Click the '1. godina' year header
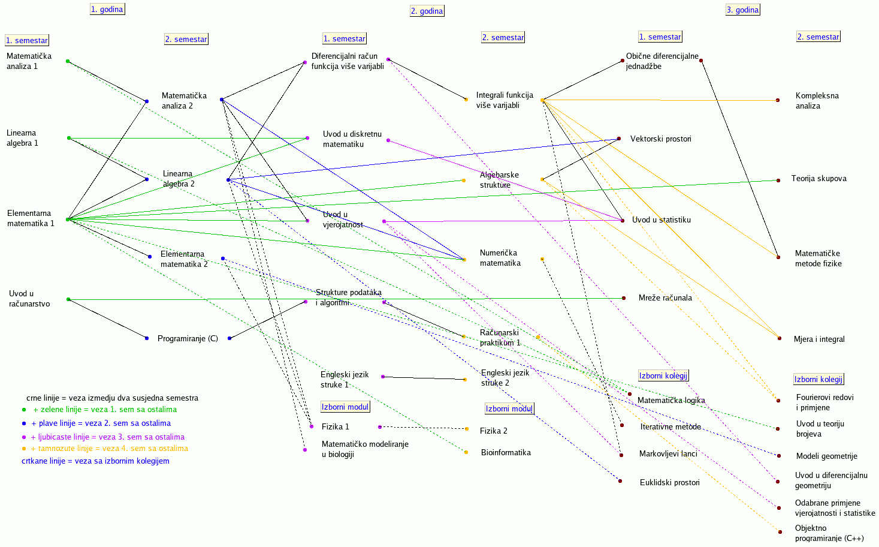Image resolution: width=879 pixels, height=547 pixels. point(107,9)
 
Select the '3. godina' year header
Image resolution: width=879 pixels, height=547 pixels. point(742,10)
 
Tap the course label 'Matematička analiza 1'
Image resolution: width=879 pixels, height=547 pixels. point(29,61)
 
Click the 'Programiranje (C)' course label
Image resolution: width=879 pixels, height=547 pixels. point(188,338)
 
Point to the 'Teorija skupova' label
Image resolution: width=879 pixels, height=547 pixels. point(818,178)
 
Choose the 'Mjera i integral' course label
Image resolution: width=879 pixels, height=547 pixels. point(819,339)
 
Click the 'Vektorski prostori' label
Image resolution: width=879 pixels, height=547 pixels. point(660,139)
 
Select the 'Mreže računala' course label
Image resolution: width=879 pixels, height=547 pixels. point(665,297)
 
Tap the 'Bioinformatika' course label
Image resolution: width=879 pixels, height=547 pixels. point(506,452)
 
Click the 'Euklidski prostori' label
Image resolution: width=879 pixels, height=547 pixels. point(669,482)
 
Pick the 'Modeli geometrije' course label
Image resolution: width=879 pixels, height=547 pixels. point(826,456)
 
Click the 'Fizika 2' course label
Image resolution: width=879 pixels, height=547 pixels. point(493,431)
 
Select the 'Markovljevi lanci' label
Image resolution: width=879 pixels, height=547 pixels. point(668,453)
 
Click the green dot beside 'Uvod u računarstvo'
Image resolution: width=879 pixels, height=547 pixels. point(68,299)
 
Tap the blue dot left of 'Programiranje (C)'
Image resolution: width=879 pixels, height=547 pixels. point(147,338)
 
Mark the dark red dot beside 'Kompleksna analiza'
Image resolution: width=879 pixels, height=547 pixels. point(778,100)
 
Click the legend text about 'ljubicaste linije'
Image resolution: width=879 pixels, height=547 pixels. point(107,437)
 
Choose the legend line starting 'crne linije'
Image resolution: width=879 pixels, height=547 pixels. point(112,398)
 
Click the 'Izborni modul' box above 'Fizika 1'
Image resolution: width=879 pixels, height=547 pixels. point(345,407)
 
